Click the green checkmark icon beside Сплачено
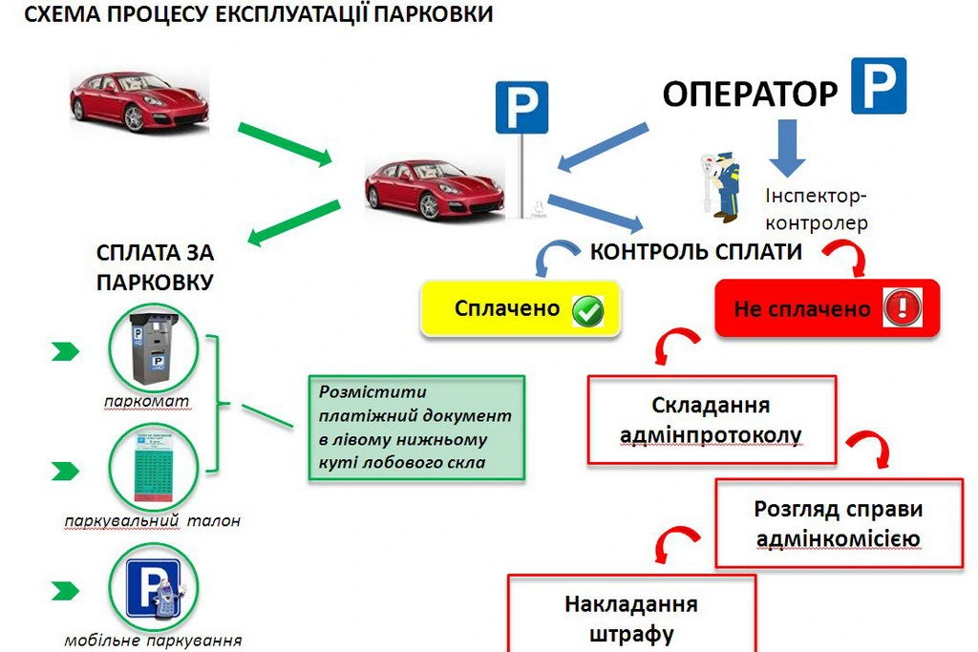pyautogui.click(x=588, y=310)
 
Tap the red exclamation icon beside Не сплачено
pyautogui.click(x=900, y=308)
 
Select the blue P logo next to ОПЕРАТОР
pyautogui.click(x=879, y=87)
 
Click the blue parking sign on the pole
pyautogui.click(x=521, y=108)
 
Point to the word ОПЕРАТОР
pyautogui.click(x=750, y=94)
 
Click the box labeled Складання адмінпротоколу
pyautogui.click(x=712, y=420)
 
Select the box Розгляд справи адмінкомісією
pyautogui.click(x=838, y=524)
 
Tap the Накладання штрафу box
pyautogui.click(x=631, y=616)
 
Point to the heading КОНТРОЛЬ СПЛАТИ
pyautogui.click(x=695, y=252)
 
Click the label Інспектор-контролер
pyautogui.click(x=817, y=209)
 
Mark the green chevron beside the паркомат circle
pyautogui.click(x=65, y=352)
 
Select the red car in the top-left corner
pyautogui.click(x=138, y=98)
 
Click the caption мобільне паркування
pyautogui.click(x=153, y=641)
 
